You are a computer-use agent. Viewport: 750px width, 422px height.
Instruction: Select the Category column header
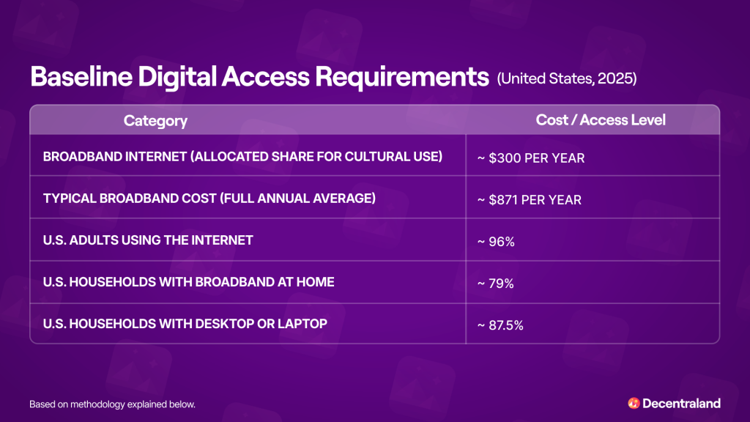point(155,121)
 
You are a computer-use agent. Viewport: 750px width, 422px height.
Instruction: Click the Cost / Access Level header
point(601,120)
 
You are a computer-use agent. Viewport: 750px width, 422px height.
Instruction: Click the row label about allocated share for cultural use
point(242,157)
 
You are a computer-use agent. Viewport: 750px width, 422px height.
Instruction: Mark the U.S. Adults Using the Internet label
point(148,240)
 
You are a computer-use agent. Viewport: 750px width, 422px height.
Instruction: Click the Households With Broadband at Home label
point(188,281)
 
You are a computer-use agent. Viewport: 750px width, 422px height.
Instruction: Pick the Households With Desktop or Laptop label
point(185,323)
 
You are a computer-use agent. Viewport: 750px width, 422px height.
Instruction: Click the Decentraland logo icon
point(634,403)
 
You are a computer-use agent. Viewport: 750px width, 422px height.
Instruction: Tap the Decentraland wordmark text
point(681,403)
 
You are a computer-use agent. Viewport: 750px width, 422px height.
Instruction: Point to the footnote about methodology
point(112,404)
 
